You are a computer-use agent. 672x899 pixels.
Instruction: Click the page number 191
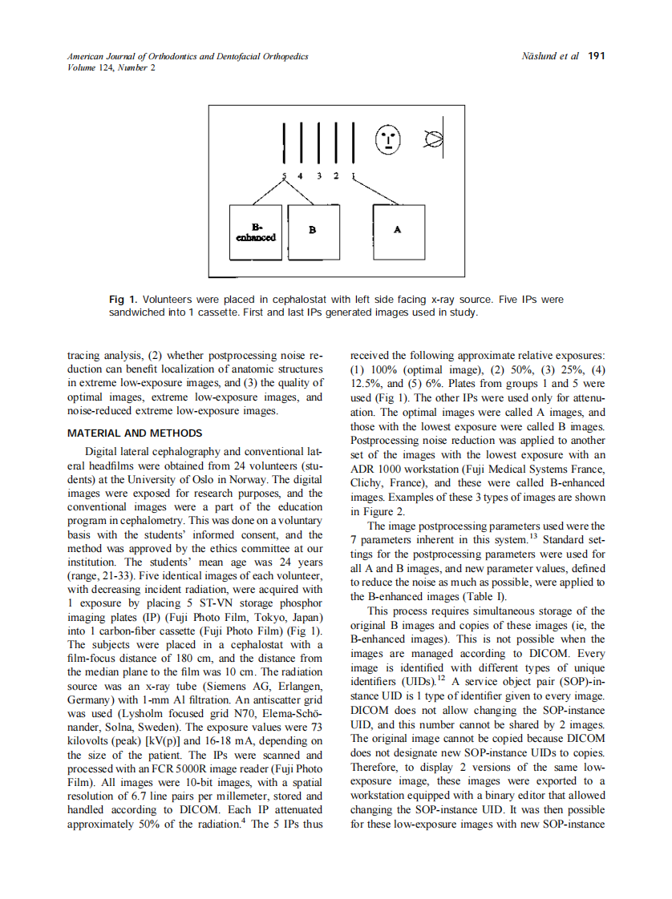point(596,57)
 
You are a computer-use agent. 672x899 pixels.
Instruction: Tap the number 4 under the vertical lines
point(300,175)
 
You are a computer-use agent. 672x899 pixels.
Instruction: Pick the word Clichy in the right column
point(368,483)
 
